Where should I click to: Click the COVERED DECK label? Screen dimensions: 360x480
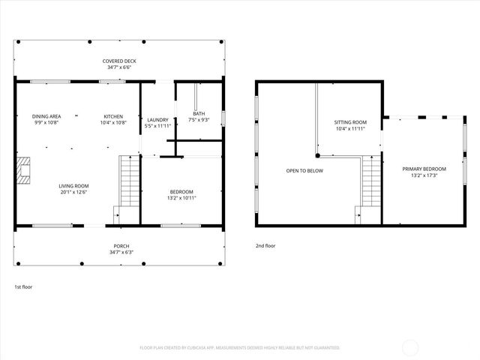pos(119,61)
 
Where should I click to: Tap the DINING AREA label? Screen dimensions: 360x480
pos(46,116)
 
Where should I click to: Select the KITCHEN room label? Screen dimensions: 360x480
pos(113,116)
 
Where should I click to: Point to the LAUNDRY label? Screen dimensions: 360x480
pos(157,120)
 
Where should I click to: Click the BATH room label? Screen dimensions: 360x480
pos(198,113)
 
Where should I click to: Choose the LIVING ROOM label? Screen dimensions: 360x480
pos(74,185)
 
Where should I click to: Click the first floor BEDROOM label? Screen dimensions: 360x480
pos(181,191)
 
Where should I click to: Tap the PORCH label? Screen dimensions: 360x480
pos(121,246)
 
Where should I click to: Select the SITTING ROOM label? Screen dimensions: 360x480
pos(350,121)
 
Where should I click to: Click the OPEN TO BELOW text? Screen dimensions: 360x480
pos(304,171)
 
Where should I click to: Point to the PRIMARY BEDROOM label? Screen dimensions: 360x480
pos(424,169)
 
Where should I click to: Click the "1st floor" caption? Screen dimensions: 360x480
pos(23,286)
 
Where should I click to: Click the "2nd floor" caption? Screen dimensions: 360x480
pos(265,244)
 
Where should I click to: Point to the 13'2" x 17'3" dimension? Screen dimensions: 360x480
pos(424,175)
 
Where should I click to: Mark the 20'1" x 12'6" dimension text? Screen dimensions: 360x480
pos(74,192)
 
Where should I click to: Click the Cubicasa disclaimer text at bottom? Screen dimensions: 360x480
pos(239,348)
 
